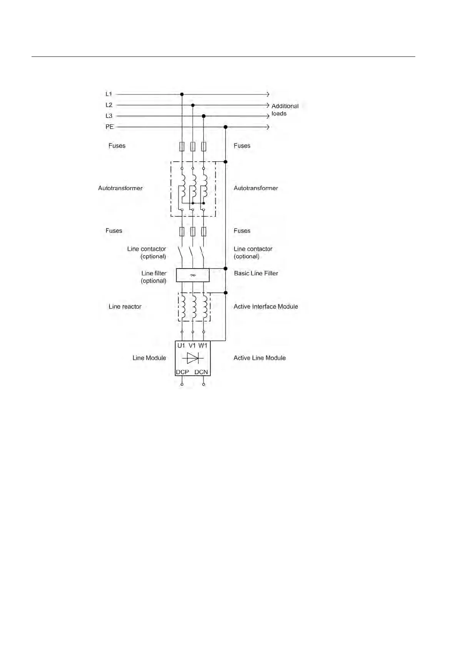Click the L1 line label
click(109, 94)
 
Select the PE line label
click(110, 127)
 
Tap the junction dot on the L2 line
click(193, 105)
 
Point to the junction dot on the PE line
click(226, 127)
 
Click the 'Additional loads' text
click(285, 109)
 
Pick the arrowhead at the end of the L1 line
click(268, 94)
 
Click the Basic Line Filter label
click(256, 273)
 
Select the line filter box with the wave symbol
click(193, 275)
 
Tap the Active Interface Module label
click(266, 307)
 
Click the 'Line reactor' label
click(125, 307)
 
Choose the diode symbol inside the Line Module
click(193, 358)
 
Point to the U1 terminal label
click(181, 345)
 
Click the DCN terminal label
click(201, 372)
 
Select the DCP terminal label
click(182, 372)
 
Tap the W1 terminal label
click(203, 345)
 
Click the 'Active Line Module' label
click(260, 358)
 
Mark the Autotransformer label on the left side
click(120, 188)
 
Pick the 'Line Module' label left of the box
click(149, 358)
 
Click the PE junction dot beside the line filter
click(226, 269)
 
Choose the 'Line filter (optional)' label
click(153, 277)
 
